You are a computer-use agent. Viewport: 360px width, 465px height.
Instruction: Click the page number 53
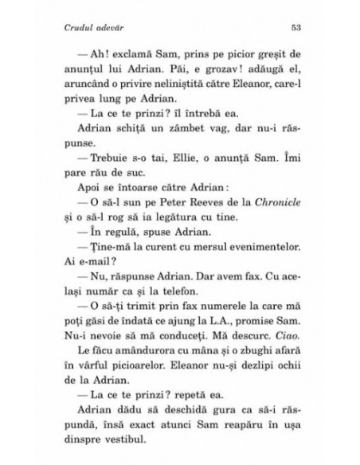294,29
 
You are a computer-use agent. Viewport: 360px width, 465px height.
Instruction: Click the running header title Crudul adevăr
90,29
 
